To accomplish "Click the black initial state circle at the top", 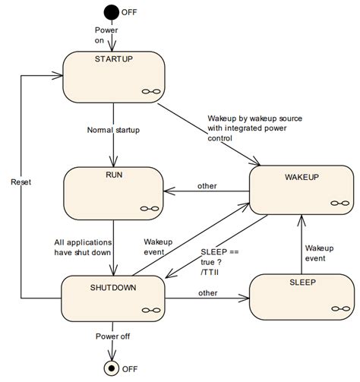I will (112, 11).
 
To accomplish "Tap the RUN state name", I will (112, 175).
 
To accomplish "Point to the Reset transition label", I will (20, 183).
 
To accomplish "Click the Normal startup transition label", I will (112, 131).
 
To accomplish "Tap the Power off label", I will (112, 335).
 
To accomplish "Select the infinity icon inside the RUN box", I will (150, 208).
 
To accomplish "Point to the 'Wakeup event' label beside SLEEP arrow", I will (320, 253).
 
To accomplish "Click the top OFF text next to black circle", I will (130, 11).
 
